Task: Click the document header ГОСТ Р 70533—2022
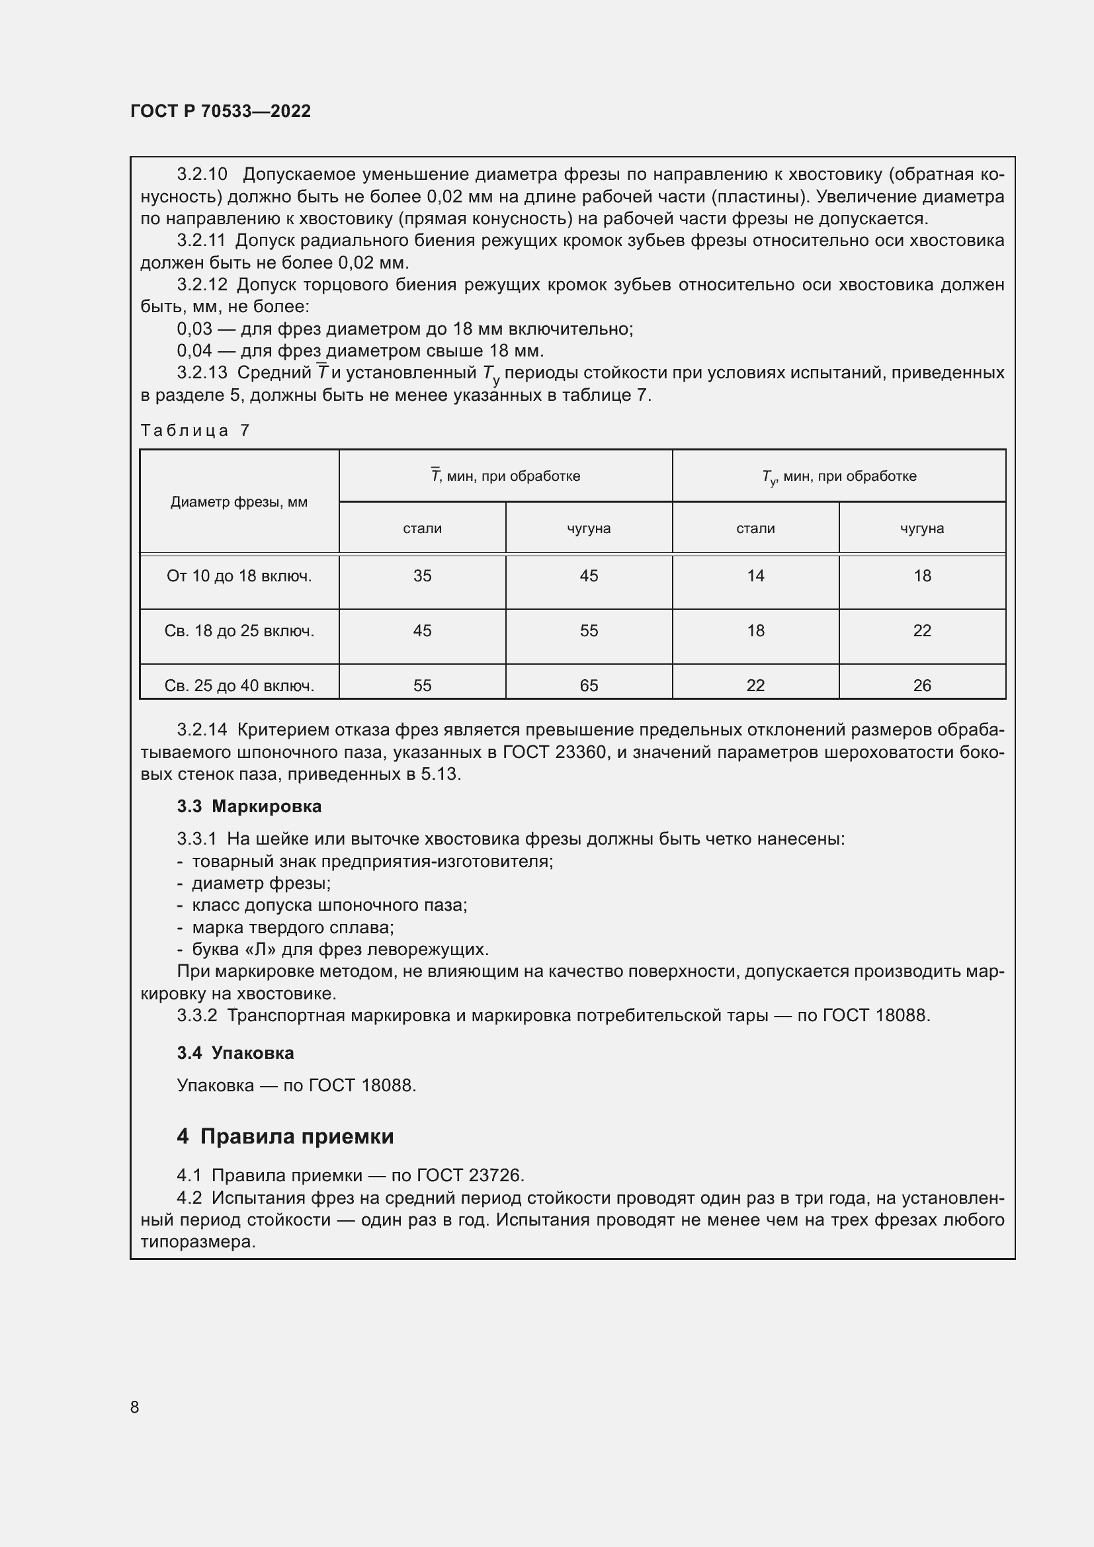pyautogui.click(x=220, y=111)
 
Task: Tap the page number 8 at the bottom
pyautogui.click(x=135, y=1407)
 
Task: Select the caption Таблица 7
pyautogui.click(x=194, y=430)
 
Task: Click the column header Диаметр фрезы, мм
pyautogui.click(x=239, y=502)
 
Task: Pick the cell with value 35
pyautogui.click(x=423, y=576)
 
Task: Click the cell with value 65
pyautogui.click(x=589, y=685)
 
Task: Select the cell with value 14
pyautogui.click(x=755, y=576)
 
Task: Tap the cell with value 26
pyautogui.click(x=921, y=685)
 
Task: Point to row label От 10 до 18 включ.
pyautogui.click(x=239, y=576)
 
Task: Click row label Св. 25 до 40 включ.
pyautogui.click(x=239, y=685)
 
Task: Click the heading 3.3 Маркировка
pyautogui.click(x=249, y=806)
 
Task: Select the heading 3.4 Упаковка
pyautogui.click(x=235, y=1053)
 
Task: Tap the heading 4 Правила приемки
pyautogui.click(x=285, y=1137)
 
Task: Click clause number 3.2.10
pyautogui.click(x=202, y=175)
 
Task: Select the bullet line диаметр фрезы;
pyautogui.click(x=261, y=884)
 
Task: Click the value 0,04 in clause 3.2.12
pyautogui.click(x=194, y=351)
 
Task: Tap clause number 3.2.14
pyautogui.click(x=202, y=730)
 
